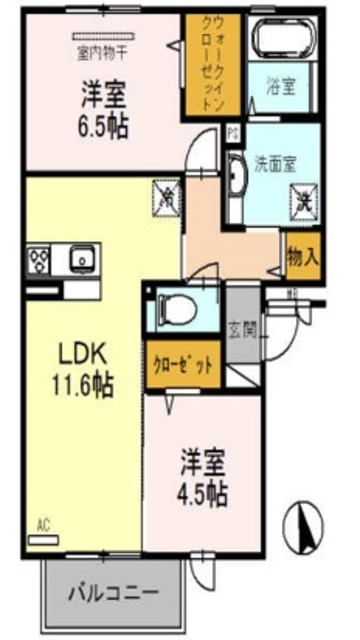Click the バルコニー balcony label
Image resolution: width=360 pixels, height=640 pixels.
point(113,592)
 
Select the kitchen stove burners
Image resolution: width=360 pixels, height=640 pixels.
point(40,262)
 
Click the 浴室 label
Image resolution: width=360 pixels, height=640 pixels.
point(280,86)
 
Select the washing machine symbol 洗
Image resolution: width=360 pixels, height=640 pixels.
point(305,200)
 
